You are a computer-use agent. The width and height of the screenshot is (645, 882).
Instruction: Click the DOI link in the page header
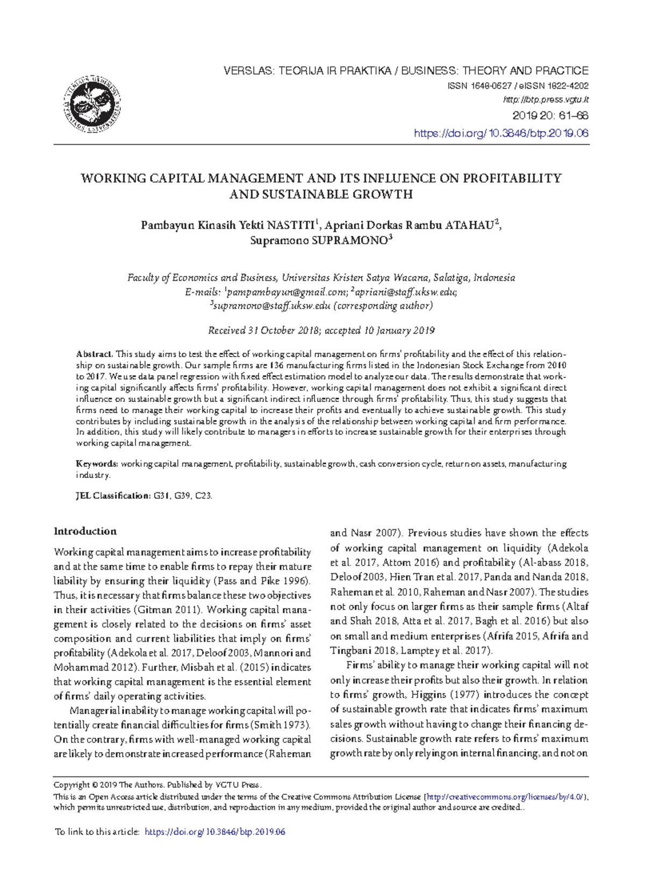coord(501,133)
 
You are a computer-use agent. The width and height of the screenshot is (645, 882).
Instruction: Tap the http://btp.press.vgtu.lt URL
coord(546,100)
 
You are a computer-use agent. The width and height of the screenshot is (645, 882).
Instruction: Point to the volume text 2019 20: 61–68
coord(550,116)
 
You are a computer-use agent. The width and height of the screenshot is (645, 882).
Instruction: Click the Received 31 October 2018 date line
coord(321,331)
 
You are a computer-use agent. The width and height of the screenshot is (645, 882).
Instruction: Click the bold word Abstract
coord(94,354)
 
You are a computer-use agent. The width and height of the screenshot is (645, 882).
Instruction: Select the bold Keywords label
coord(96,464)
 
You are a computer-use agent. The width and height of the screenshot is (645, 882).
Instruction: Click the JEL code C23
coord(203,496)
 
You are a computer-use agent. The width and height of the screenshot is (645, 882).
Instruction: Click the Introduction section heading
coord(85,532)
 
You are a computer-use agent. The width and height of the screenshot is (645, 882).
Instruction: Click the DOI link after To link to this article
coord(215,832)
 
